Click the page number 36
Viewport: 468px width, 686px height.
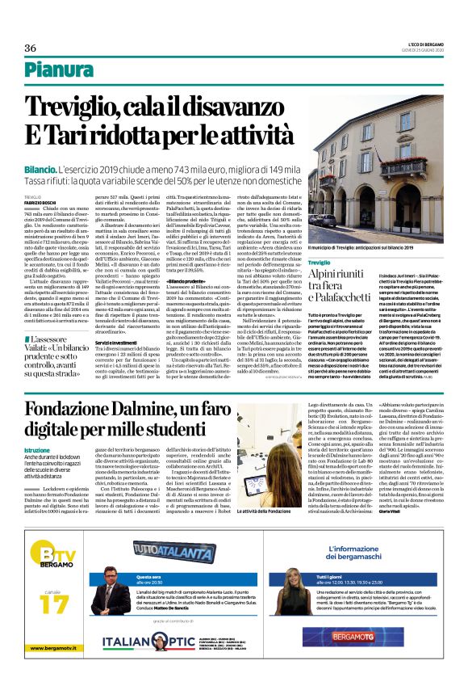[31, 48]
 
